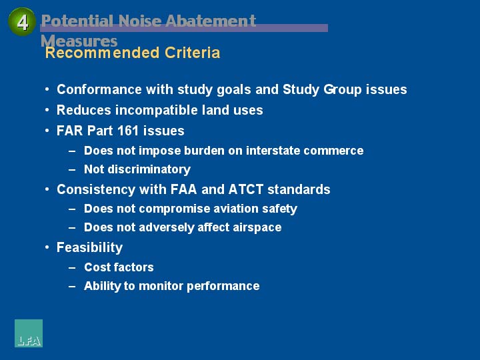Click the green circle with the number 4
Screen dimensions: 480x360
(x=22, y=22)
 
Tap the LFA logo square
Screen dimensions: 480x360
(x=29, y=333)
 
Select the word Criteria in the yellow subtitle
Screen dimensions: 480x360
(x=192, y=53)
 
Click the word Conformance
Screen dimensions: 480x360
(x=99, y=89)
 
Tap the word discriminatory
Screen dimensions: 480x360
(x=149, y=169)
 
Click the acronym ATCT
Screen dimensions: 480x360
(x=246, y=189)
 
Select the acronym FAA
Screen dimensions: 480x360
(x=183, y=189)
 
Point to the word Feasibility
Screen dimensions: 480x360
(x=90, y=247)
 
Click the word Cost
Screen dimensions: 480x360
(x=95, y=267)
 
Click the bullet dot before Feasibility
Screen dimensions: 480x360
(x=47, y=247)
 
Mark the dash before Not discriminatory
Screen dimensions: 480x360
(x=72, y=169)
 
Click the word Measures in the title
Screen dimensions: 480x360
(x=79, y=41)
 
